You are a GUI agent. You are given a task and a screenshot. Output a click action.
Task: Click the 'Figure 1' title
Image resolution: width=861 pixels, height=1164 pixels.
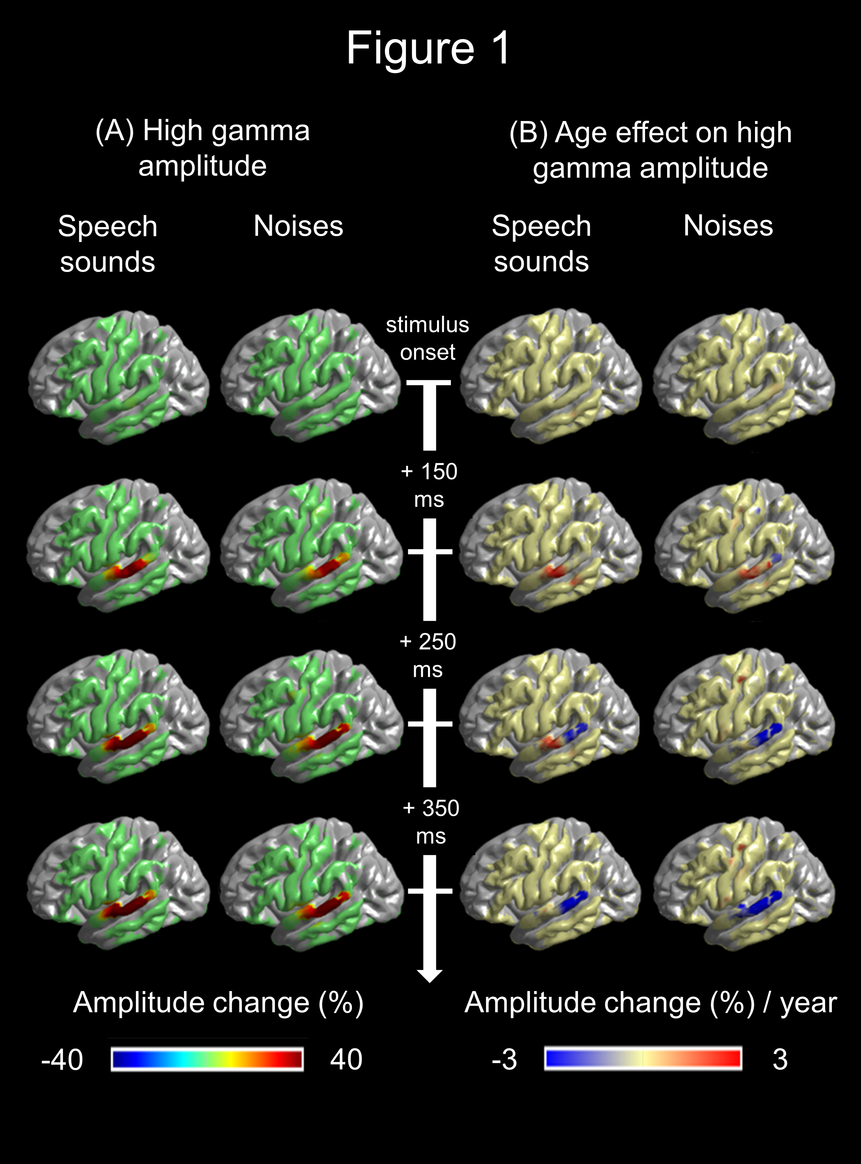[428, 48]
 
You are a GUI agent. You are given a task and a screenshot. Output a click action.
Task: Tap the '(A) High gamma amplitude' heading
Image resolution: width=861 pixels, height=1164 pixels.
[203, 148]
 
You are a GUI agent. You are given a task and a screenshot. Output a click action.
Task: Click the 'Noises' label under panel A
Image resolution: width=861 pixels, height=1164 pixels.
[298, 226]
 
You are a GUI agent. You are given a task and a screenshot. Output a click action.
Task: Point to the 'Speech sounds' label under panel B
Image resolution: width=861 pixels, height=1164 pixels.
[541, 244]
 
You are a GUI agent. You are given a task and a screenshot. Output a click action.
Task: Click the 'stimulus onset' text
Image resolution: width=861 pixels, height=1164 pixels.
[428, 338]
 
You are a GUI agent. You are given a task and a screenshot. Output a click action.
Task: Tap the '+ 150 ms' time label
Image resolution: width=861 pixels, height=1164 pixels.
[429, 485]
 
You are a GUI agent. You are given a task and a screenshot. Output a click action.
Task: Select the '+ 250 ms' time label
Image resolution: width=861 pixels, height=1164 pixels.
[428, 655]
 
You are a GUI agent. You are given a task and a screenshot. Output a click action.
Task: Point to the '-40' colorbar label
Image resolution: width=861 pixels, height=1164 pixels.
[62, 1060]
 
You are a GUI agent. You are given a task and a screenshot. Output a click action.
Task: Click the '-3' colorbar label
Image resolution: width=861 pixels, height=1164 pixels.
[504, 1060]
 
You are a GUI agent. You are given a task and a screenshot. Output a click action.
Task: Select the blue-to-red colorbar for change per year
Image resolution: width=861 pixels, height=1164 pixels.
[643, 1059]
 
